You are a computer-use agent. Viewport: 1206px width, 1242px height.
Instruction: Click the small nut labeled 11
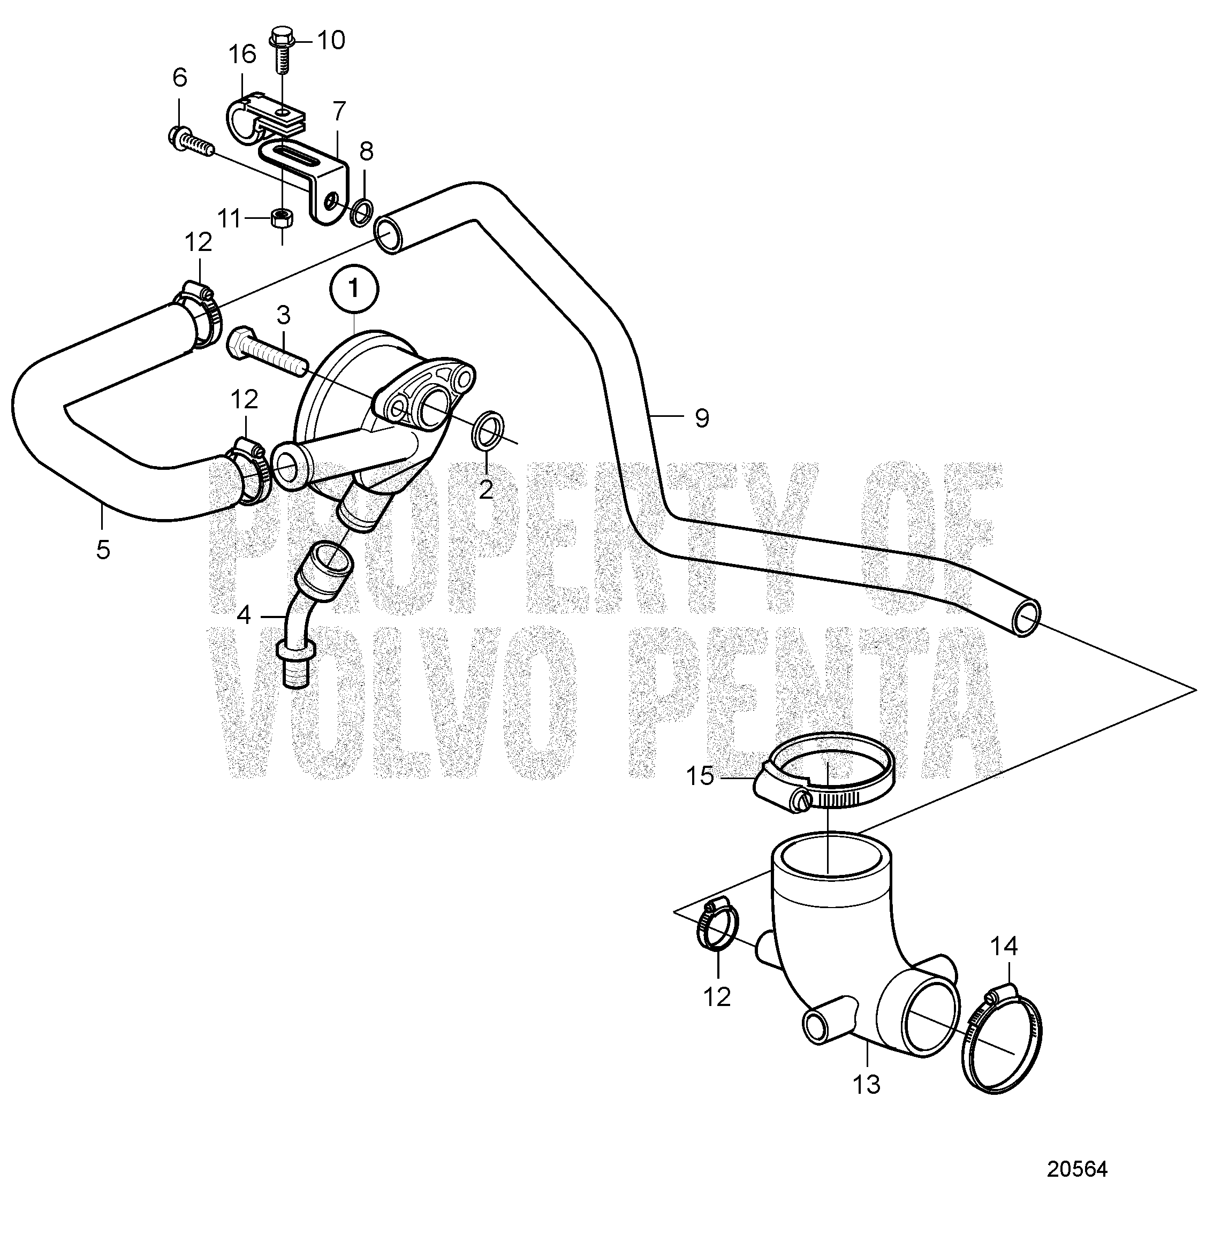(x=282, y=219)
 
